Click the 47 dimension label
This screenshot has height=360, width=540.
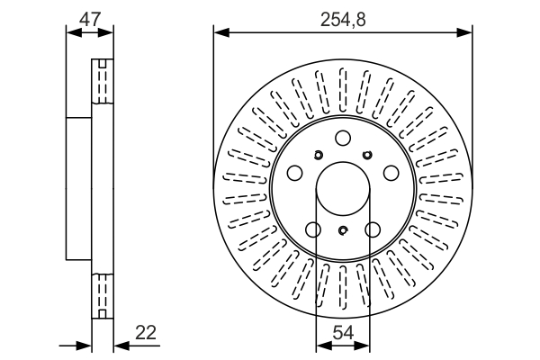(x=89, y=19)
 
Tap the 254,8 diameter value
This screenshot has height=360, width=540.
(x=343, y=20)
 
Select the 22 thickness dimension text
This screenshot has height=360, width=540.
(x=146, y=332)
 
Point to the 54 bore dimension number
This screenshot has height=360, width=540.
(x=344, y=332)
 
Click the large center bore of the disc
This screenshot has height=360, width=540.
(x=343, y=189)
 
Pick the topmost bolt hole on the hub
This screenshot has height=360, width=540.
(x=343, y=138)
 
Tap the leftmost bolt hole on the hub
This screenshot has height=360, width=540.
(x=294, y=173)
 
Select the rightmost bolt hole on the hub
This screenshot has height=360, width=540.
(x=391, y=173)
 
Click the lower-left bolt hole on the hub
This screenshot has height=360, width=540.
(x=313, y=229)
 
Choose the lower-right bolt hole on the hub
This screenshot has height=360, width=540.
(x=373, y=229)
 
